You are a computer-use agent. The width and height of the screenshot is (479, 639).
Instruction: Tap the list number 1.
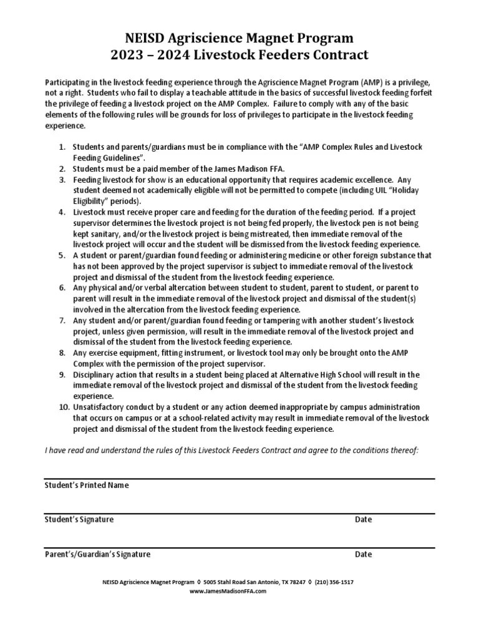(62, 147)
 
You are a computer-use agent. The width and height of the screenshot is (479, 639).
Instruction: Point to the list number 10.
(64, 407)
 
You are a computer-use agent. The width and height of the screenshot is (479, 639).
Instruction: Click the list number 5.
(62, 256)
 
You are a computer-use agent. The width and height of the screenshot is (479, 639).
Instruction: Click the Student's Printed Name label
(87, 485)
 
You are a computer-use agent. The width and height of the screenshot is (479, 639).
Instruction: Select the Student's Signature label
(79, 520)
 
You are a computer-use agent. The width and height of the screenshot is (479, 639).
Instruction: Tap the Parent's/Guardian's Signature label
(97, 554)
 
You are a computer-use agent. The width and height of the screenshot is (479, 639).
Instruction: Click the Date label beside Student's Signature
(363, 520)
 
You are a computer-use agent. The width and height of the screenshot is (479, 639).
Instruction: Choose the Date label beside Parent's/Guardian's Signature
(363, 554)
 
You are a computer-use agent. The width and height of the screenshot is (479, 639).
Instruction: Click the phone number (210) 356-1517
(334, 582)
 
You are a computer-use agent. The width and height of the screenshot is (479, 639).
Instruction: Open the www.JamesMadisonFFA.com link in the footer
(228, 591)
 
